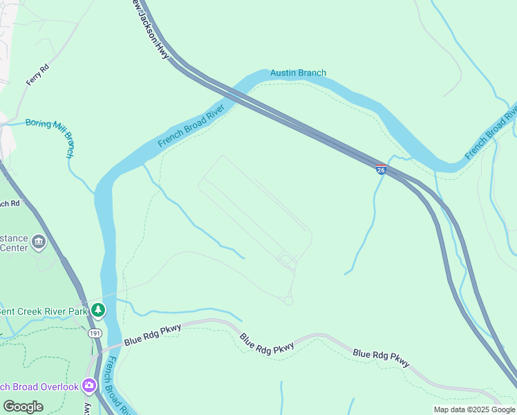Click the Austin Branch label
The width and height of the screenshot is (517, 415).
298,73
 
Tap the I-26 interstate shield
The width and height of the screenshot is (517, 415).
381,169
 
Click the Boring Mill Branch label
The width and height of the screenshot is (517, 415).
51,131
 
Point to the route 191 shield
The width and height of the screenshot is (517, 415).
94,333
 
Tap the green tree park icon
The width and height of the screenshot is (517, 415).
99,310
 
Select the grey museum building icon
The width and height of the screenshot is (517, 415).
39,242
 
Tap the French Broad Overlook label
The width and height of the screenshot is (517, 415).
38,387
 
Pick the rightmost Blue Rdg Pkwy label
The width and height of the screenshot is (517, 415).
381,358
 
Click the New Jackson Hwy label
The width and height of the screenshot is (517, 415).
151,30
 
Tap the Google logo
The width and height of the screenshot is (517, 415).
23,407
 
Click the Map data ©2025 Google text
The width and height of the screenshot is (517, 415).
474,409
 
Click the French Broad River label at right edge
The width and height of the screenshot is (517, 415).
492,133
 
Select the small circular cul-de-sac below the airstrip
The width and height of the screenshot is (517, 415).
288,301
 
